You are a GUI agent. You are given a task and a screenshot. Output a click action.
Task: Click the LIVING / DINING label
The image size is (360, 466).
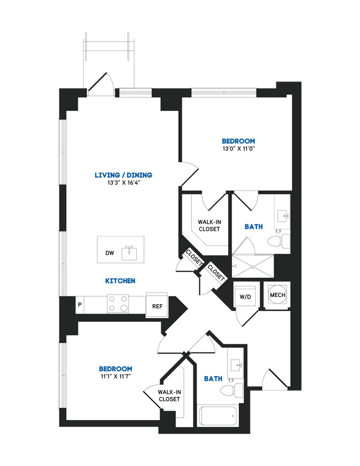pos(122,175)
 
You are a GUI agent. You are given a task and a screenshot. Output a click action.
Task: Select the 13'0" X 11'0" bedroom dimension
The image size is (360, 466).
pos(238,148)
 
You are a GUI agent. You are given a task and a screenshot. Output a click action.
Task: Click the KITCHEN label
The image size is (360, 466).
pos(120,281)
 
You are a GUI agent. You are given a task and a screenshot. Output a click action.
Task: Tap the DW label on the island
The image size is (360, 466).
pos(110,253)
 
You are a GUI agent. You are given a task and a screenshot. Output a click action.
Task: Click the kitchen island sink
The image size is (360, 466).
pos(131,252)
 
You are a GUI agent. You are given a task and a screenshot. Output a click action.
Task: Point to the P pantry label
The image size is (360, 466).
pos(80,305)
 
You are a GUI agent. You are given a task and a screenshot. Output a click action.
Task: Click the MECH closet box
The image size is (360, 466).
pos(277,295)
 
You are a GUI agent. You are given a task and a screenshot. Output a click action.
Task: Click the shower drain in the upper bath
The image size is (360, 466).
pos(253,265)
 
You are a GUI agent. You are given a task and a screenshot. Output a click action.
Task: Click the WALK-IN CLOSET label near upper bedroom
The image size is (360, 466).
pos(209,225)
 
